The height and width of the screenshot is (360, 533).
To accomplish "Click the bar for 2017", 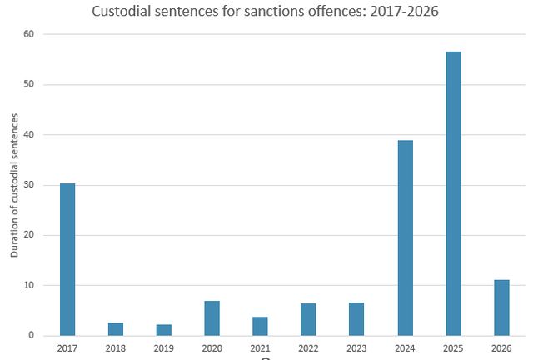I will tap(67, 259).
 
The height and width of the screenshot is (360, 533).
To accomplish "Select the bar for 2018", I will tap(116, 329).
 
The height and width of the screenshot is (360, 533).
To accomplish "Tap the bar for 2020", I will tap(212, 318).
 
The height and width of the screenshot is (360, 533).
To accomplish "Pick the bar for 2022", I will tap(308, 319).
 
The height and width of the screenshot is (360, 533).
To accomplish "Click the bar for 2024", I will tap(405, 237).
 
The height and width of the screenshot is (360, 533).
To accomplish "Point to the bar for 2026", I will tap(501, 307).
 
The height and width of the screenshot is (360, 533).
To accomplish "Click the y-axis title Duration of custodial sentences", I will tap(14, 185).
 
